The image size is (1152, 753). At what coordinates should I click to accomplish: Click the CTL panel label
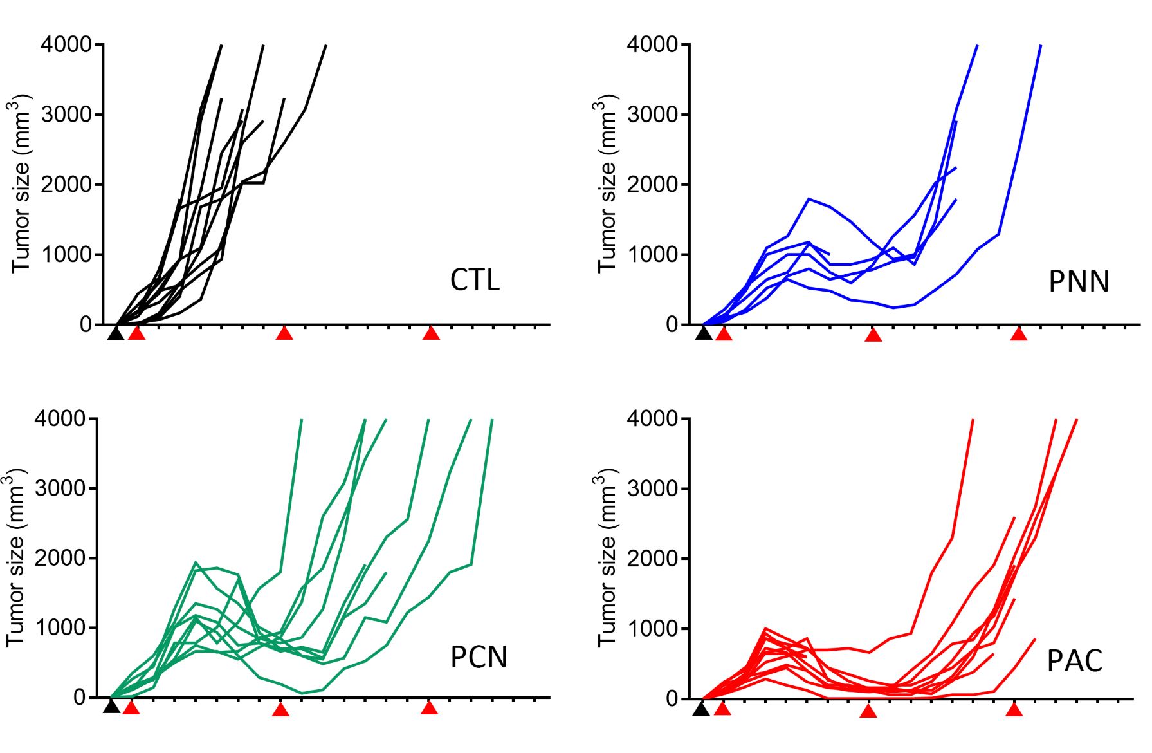pos(475,280)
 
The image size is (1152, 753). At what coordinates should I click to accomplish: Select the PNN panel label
pos(1078,282)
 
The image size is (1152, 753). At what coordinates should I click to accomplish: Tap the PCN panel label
pos(479,657)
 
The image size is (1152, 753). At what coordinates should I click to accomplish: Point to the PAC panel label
pos(1074,661)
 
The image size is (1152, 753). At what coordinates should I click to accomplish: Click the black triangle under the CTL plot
pos(115,333)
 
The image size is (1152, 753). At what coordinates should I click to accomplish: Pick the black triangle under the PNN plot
pos(704,333)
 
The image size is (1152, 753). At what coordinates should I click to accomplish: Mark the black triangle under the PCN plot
pos(111,707)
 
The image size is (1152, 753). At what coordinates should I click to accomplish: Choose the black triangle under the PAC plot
pos(701,709)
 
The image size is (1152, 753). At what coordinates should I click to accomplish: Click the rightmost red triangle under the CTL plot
pos(431,333)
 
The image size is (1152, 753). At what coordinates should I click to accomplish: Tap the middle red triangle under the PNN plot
pos(873,335)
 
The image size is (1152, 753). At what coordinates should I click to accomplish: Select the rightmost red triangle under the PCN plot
pos(429,708)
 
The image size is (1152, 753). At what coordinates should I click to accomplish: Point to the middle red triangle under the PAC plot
pos(868,711)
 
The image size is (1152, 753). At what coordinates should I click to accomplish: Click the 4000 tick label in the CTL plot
pos(66,45)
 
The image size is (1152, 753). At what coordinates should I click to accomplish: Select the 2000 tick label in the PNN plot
pos(652,185)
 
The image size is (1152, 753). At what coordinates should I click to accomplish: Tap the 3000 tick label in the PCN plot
pos(60,488)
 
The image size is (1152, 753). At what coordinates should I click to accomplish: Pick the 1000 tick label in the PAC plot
pos(652,629)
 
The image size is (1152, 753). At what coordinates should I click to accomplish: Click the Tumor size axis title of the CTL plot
pos(21,185)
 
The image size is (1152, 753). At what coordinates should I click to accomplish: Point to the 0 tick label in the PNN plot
pos(672,325)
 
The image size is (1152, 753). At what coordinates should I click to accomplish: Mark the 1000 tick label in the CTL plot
pos(66,255)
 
